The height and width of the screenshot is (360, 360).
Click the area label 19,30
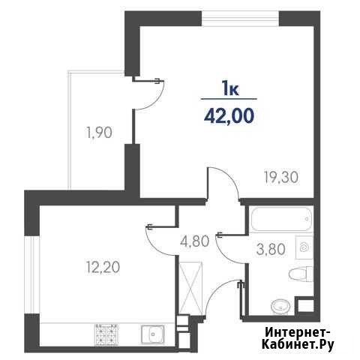pos(281,178)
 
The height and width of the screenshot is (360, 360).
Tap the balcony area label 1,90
pos(99,133)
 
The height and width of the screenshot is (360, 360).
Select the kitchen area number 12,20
pos(103,267)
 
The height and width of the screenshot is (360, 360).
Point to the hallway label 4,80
pos(194,241)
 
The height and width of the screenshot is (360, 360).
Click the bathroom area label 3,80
pos(271,250)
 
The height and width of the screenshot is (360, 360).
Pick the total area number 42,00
pos(229,116)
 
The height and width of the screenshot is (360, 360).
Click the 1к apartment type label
pos(231,89)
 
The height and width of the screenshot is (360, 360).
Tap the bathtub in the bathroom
pos(281,219)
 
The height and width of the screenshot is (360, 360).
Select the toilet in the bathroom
pos(301,274)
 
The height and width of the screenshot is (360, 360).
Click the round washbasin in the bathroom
pos(280,306)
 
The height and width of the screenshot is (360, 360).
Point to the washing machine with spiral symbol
pos(304,247)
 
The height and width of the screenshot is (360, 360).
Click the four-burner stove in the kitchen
pos(106,334)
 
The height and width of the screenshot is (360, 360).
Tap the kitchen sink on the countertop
pos(152,334)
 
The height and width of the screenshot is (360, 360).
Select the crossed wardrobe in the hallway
pos(190,288)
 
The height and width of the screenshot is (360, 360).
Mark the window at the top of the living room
pos(240,19)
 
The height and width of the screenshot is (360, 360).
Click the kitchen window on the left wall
pos(31,274)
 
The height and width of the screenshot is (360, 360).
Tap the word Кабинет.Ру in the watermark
pos(298,345)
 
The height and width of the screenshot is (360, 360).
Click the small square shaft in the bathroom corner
pos(305,304)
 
